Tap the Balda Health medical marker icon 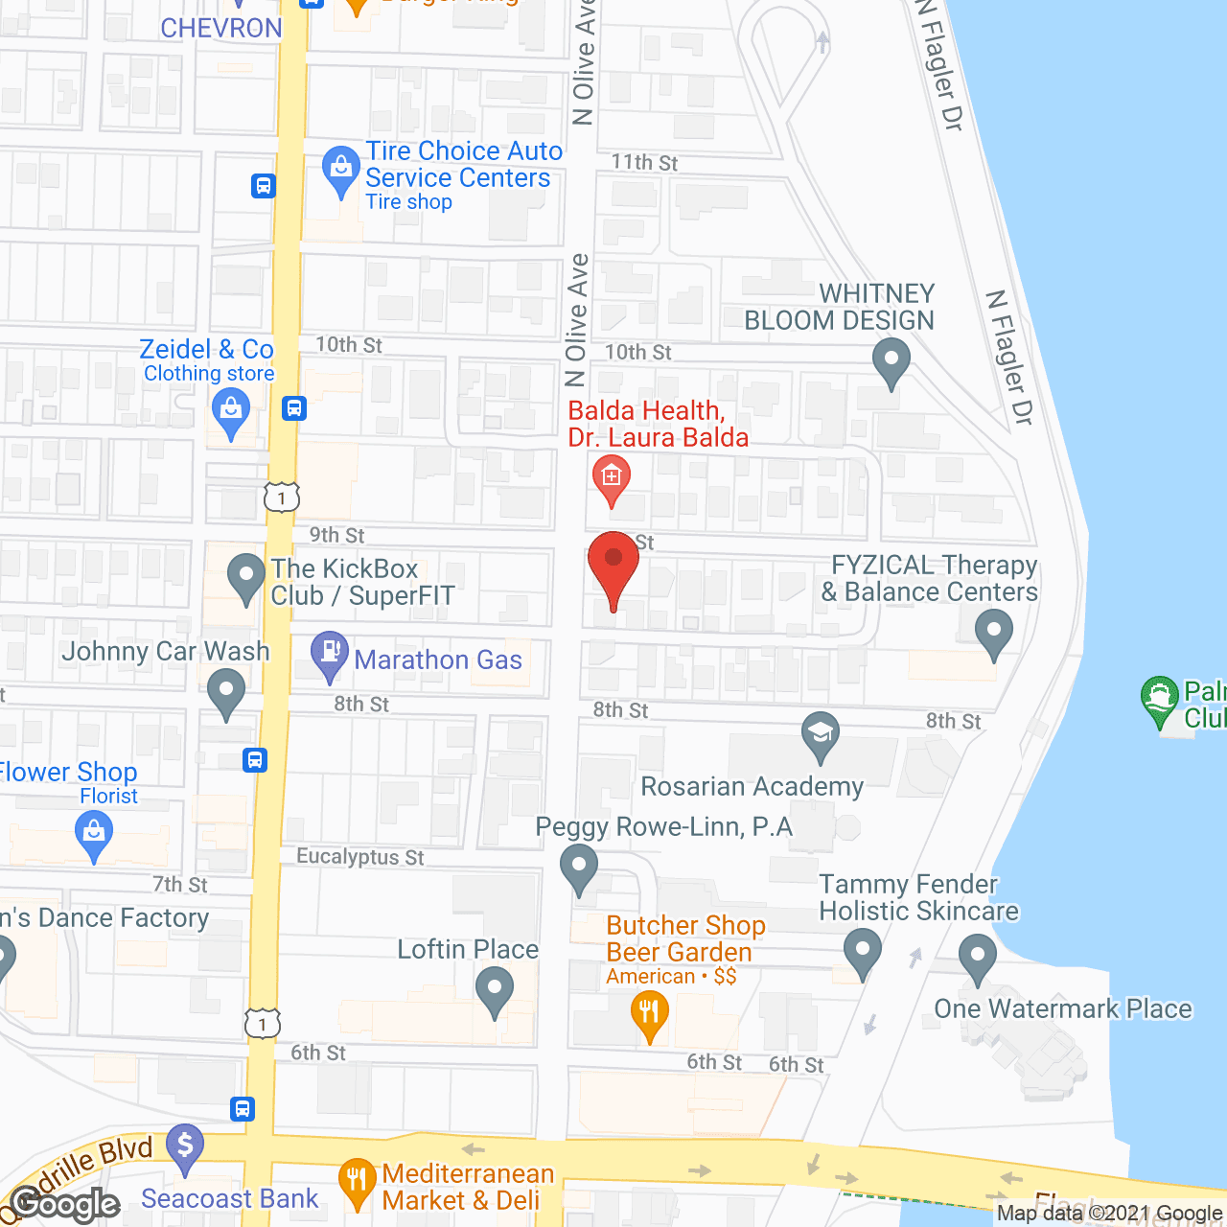[x=612, y=475]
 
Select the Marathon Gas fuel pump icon [x=330, y=651]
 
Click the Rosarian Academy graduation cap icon [x=820, y=732]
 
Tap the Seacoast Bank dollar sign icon [x=185, y=1145]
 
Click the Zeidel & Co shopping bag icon [x=230, y=411]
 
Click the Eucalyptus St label [x=360, y=856]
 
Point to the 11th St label [x=644, y=163]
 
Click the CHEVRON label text [x=221, y=28]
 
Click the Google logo [x=65, y=1204]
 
